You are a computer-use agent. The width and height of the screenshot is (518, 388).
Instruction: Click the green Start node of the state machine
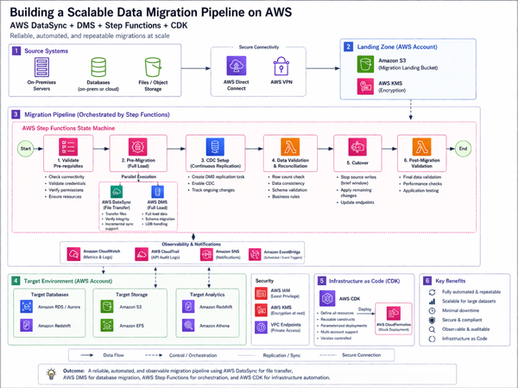[x=24, y=147]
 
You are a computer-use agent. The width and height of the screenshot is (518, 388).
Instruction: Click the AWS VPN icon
[x=281, y=66]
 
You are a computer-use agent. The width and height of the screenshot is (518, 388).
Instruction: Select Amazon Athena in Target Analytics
[x=212, y=328]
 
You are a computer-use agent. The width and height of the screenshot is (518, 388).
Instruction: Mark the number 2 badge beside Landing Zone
[x=348, y=47]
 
